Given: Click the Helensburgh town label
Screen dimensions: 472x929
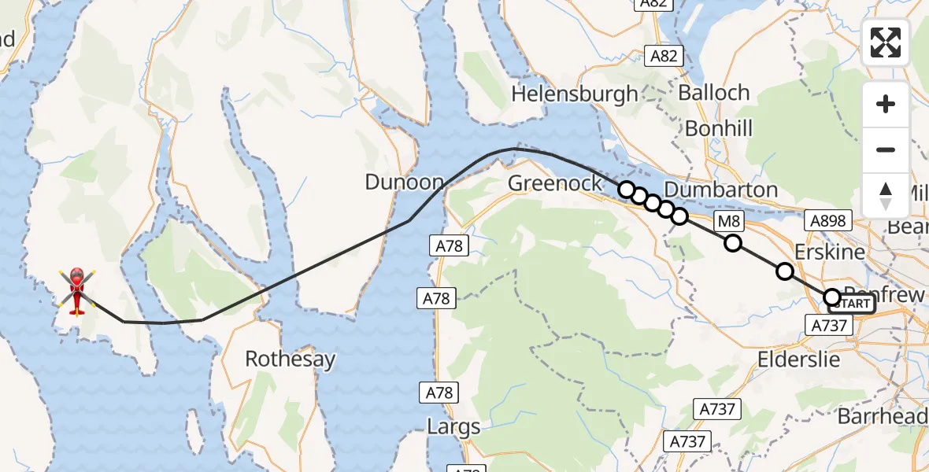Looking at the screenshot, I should coord(575,94).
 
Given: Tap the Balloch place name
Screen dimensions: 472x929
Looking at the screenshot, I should coord(713,92).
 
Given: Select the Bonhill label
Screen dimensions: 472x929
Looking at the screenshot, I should coord(719,128).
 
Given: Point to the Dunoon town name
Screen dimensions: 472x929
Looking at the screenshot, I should coord(405,183).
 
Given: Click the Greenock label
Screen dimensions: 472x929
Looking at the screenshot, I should coord(555,183).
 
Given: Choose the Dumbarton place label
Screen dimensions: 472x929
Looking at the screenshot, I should coord(720,190).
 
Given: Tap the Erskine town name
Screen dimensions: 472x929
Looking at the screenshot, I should coord(830,253).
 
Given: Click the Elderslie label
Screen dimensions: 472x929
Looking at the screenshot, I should coord(798,360).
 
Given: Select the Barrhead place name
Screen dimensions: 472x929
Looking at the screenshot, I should coord(882,416).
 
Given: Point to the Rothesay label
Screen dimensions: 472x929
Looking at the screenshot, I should coord(290,360).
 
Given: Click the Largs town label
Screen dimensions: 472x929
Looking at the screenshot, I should coord(453,428).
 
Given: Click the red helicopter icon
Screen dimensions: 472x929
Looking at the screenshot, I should coord(76,291).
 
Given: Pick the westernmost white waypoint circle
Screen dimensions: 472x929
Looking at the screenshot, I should coord(626,189).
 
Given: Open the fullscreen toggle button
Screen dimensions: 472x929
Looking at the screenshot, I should coord(886,42).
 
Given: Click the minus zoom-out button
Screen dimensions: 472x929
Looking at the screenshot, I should coord(886,149).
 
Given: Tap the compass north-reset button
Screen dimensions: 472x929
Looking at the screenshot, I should coord(886,195).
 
